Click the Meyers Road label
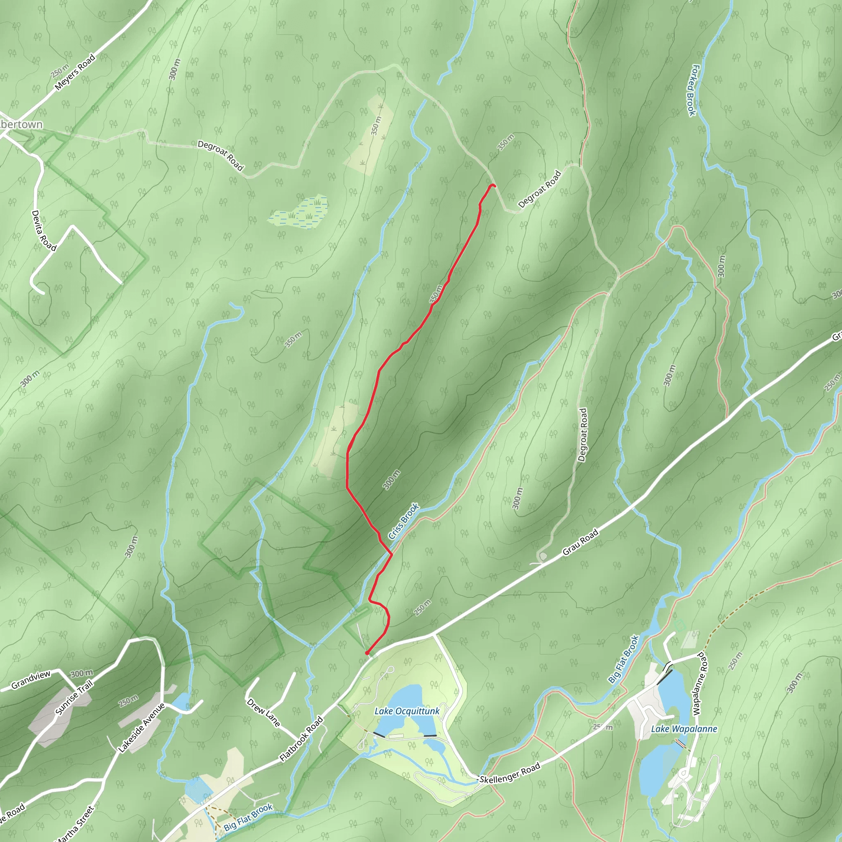[x=75, y=72]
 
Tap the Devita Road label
[x=44, y=231]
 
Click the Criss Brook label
[x=404, y=521]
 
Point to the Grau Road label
[x=580, y=543]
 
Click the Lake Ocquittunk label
[x=407, y=711]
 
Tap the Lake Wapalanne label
[x=684, y=729]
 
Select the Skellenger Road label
[x=510, y=773]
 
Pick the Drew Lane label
[x=263, y=712]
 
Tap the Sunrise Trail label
[x=74, y=698]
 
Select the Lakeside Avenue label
[x=142, y=728]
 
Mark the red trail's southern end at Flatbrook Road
[x=368, y=653]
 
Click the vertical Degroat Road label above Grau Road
[x=583, y=435]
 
